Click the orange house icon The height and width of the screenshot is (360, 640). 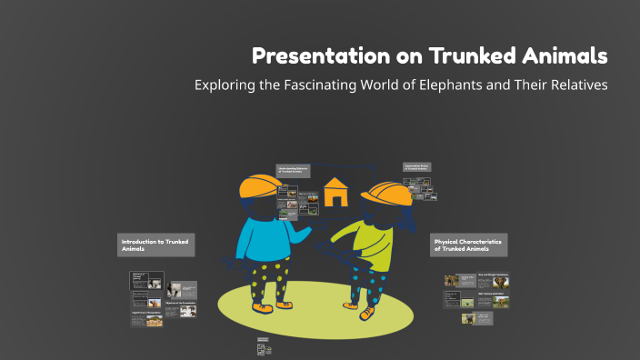[335, 192]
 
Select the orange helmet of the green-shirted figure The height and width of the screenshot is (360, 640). [386, 195]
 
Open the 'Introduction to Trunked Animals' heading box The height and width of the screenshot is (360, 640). [155, 245]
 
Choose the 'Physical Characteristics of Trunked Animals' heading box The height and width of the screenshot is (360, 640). [468, 245]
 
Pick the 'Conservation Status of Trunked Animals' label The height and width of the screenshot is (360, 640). [417, 167]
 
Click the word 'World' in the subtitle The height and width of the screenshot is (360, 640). [383, 85]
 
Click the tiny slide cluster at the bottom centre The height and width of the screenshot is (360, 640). [265, 345]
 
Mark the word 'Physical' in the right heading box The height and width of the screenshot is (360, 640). [448, 241]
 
